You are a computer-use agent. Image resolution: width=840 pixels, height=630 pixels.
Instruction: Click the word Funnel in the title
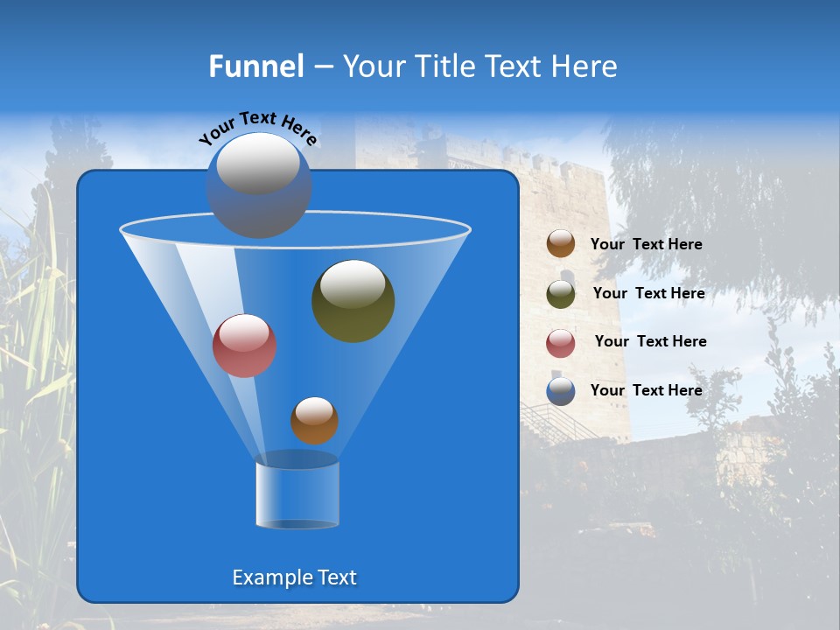pyautogui.click(x=256, y=66)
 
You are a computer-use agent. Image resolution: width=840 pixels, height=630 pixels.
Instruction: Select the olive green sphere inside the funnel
pyautogui.click(x=353, y=301)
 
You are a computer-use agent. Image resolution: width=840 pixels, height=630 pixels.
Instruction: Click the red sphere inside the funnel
pyautogui.click(x=244, y=346)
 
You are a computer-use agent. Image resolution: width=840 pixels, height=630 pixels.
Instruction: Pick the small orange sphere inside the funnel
pyautogui.click(x=314, y=421)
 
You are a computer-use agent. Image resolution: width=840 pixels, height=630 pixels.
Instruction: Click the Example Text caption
pyautogui.click(x=295, y=577)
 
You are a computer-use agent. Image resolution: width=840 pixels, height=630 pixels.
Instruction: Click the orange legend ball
pyautogui.click(x=561, y=244)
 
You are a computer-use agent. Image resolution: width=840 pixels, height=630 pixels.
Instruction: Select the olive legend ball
pyautogui.click(x=561, y=294)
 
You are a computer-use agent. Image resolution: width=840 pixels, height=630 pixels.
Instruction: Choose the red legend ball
pyautogui.click(x=561, y=343)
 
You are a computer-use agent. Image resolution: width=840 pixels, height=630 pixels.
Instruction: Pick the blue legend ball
pyautogui.click(x=561, y=391)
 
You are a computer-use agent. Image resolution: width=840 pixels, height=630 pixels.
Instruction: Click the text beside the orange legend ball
pyautogui.click(x=646, y=245)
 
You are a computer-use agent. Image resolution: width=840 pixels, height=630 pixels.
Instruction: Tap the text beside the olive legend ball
pyautogui.click(x=648, y=294)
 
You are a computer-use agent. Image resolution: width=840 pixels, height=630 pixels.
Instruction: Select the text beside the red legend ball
pyautogui.click(x=650, y=342)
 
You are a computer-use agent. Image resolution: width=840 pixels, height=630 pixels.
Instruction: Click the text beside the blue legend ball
pyautogui.click(x=646, y=391)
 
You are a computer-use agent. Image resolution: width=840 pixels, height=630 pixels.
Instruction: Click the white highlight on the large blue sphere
pyautogui.click(x=258, y=164)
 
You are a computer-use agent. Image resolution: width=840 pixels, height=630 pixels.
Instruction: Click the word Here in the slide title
pyautogui.click(x=585, y=66)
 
